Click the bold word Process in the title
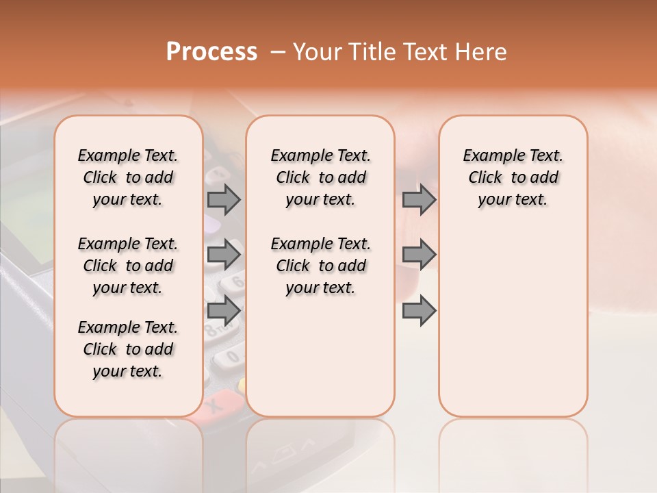click(211, 52)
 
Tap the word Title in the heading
click(370, 52)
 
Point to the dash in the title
click(278, 52)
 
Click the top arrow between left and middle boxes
click(224, 199)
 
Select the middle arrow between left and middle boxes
click(224, 255)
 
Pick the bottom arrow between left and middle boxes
click(224, 310)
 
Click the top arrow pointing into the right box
click(419, 199)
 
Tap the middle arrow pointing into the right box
click(419, 255)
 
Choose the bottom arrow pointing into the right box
click(419, 310)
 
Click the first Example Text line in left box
click(128, 155)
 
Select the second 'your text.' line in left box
click(128, 288)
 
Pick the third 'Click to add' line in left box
click(128, 349)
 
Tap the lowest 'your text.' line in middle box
click(320, 288)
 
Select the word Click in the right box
click(485, 177)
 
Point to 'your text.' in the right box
click(513, 199)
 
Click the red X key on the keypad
click(214, 406)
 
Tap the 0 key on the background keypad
click(232, 357)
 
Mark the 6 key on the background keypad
click(237, 281)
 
